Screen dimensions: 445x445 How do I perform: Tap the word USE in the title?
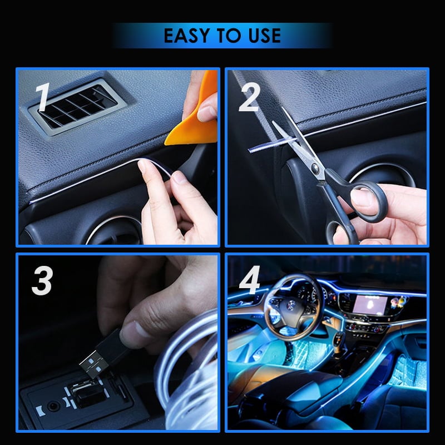click(x=261, y=36)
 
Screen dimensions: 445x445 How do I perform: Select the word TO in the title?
click(x=228, y=36)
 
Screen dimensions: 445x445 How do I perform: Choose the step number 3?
click(x=42, y=282)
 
